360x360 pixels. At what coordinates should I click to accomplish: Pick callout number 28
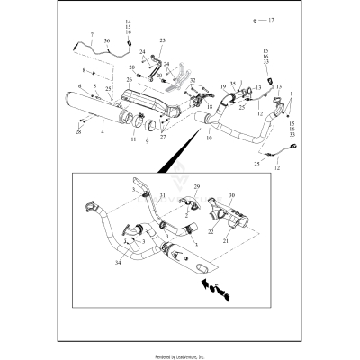(78, 131)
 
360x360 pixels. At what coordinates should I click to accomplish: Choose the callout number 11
(133, 140)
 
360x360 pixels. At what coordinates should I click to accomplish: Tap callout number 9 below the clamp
(148, 141)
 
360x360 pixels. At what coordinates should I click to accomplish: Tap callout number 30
(232, 194)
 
